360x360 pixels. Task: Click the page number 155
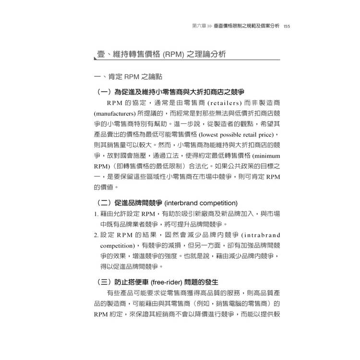coord(287,27)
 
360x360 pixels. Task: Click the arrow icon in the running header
coord(210,27)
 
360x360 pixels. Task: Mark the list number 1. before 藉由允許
coord(96,214)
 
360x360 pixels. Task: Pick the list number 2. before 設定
coord(96,235)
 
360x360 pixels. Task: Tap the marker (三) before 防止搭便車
coord(104,281)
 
